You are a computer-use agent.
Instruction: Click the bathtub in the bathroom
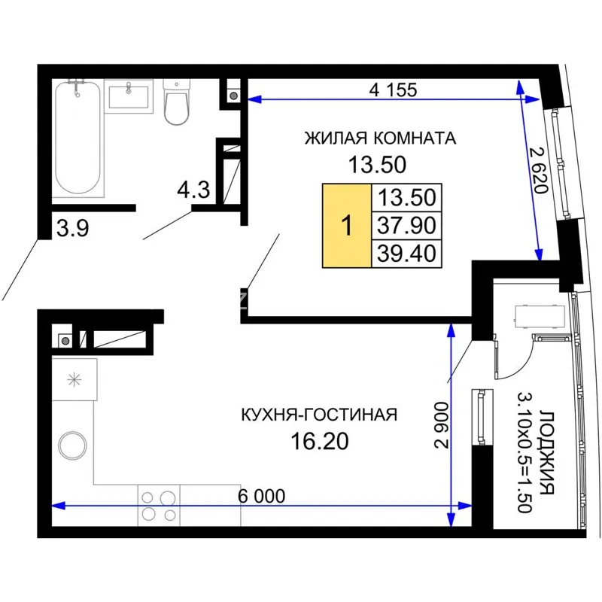pos(78,138)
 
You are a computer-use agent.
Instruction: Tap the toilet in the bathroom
pos(177,102)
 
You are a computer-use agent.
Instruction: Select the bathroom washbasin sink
pos(129,96)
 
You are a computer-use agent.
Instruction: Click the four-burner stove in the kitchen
pos(159,506)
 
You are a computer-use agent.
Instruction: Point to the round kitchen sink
pos(73,445)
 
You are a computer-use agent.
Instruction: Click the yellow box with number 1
pos(347,225)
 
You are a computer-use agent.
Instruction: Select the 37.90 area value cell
pos(406,225)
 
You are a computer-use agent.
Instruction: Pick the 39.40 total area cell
pos(406,254)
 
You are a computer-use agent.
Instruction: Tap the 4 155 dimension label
pos(393,90)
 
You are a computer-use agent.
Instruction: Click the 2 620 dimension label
pos(538,170)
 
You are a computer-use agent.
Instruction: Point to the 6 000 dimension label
pos(261,496)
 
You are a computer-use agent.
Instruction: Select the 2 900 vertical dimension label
pos(442,425)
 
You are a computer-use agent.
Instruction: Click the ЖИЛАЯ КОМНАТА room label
pos(380,138)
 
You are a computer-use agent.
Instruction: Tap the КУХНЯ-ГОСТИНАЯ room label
pos(319,415)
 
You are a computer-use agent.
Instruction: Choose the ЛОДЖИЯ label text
pos(547,452)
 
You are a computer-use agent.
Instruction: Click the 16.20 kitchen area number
pos(320,442)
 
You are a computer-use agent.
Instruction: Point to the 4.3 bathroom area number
pos(193,190)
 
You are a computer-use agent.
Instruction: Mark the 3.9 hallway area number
pos(72,228)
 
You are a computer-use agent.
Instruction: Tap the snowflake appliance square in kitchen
pos(74,380)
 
